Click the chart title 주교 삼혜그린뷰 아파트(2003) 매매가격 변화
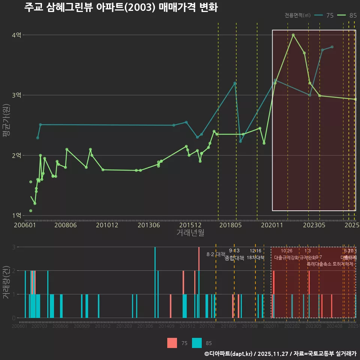point(121,8)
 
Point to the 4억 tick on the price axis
point(16,35)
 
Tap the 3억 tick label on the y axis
point(16,95)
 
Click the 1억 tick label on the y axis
point(16,216)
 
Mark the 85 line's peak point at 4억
point(293,35)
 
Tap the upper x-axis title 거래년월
point(190,233)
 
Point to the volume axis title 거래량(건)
point(6,282)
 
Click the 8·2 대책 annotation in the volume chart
point(216,254)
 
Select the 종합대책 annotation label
point(234,258)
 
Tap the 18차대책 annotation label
point(256,258)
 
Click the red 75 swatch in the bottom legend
point(172,343)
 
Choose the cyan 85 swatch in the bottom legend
point(197,343)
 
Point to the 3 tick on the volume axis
point(14,247)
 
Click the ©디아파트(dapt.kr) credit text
point(229,354)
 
